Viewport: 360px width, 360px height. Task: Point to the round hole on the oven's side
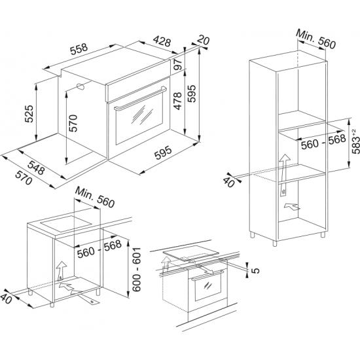(79, 86)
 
